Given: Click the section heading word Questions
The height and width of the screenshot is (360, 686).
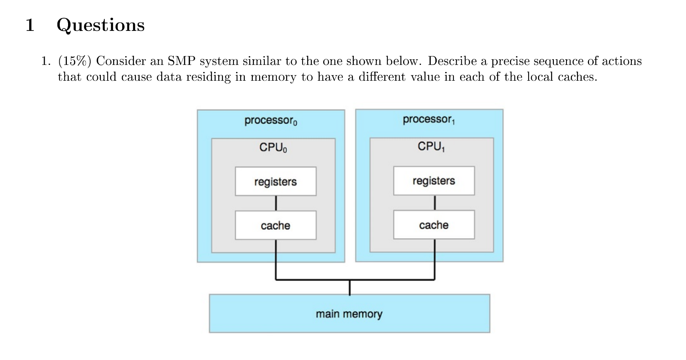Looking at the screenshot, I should pos(100,25).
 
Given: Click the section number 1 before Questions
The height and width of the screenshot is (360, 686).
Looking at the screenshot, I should pos(30,25).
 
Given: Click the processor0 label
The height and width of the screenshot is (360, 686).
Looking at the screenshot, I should pos(271,120).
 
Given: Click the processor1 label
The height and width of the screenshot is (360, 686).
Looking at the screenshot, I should pos(428,119).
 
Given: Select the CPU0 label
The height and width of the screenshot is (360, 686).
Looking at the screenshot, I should pos(273,148).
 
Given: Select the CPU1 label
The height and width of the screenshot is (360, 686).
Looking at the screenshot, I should pos(431,147).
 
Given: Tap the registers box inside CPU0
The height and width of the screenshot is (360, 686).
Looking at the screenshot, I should pos(275,182).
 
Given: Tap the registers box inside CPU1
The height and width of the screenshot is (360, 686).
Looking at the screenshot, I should pos(434,181).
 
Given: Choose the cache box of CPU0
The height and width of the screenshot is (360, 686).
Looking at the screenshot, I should pos(275,225).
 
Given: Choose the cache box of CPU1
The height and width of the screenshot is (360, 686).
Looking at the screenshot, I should pos(434,225).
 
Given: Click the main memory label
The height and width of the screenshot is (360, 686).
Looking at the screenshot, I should pos(349,314).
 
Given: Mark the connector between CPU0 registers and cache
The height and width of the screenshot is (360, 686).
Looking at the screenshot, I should pos(276,203).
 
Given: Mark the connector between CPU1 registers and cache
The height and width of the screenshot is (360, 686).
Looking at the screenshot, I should pos(434,203).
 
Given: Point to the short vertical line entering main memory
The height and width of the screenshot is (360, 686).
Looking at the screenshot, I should pos(349,288).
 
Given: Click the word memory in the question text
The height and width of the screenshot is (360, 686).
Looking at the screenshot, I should pos(273,77).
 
